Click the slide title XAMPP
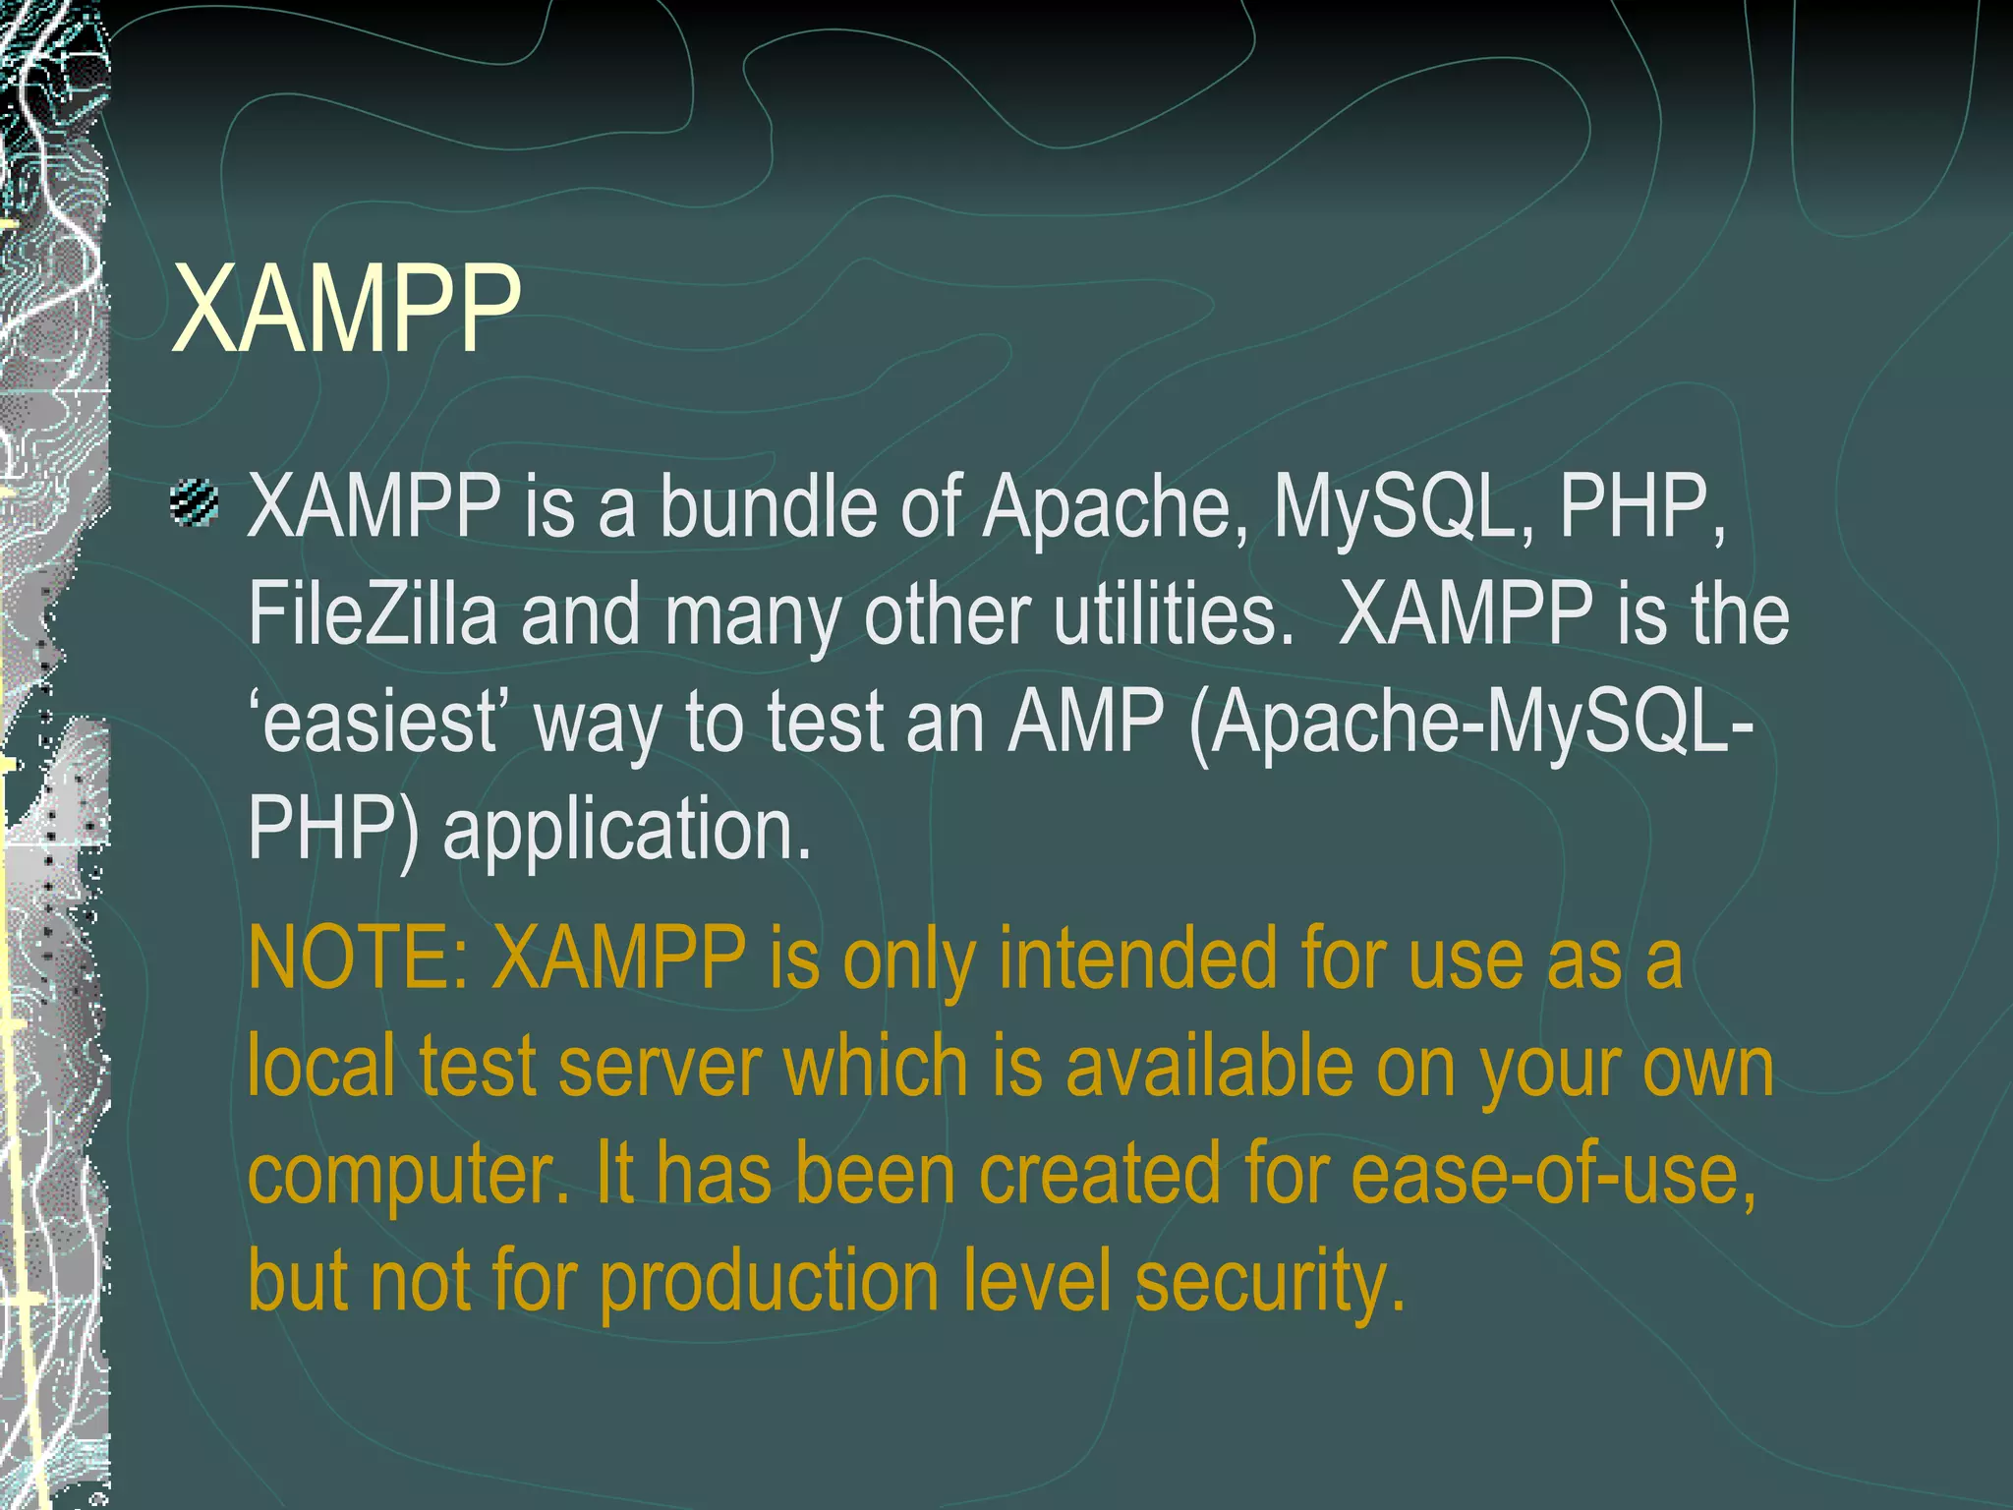tap(346, 309)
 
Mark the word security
tap(1270, 1283)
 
